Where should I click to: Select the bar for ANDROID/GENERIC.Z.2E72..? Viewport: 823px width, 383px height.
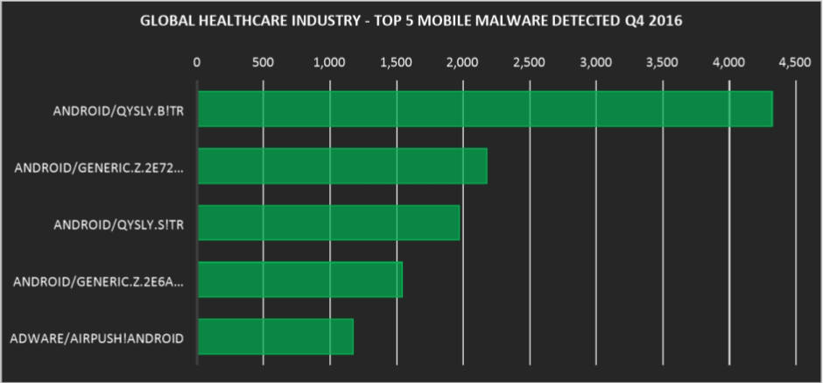(341, 166)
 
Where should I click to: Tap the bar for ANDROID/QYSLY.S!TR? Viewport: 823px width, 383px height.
(328, 223)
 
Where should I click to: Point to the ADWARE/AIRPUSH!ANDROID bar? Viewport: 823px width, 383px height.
(275, 337)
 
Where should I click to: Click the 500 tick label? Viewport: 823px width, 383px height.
(263, 62)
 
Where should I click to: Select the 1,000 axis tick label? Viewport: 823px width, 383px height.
(329, 62)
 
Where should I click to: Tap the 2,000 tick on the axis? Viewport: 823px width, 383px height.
(462, 62)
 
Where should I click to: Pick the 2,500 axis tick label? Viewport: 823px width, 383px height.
(529, 62)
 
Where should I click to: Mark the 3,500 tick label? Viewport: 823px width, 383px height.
(662, 62)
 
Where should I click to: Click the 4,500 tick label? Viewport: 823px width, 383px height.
(795, 62)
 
